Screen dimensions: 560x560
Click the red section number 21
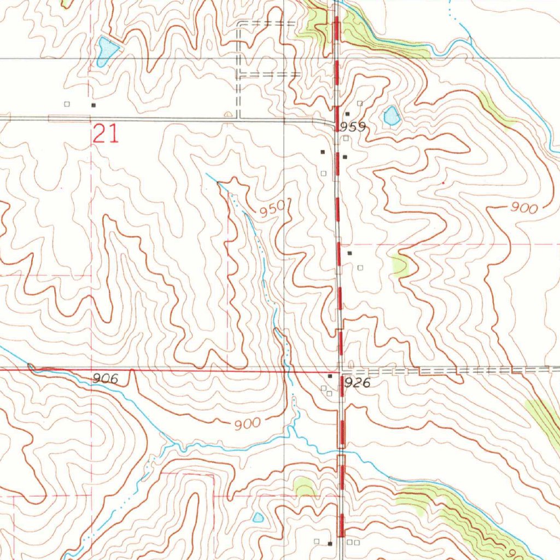[106, 134]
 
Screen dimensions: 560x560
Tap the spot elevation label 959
[352, 127]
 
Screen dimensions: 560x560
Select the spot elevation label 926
[358, 383]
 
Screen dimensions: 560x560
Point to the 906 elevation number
[105, 378]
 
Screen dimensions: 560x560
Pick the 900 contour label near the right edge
[524, 208]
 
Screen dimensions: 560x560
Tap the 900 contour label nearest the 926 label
[247, 424]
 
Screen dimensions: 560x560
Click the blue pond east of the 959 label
[391, 115]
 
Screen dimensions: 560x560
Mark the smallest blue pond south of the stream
[258, 517]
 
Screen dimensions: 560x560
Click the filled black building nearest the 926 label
[330, 376]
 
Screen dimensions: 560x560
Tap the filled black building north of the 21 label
[94, 104]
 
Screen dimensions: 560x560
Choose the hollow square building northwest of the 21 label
[67, 104]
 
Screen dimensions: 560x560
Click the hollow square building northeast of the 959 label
[359, 103]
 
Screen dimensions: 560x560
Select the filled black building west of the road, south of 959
[323, 151]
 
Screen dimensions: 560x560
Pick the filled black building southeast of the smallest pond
[330, 544]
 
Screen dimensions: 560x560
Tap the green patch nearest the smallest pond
[304, 486]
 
